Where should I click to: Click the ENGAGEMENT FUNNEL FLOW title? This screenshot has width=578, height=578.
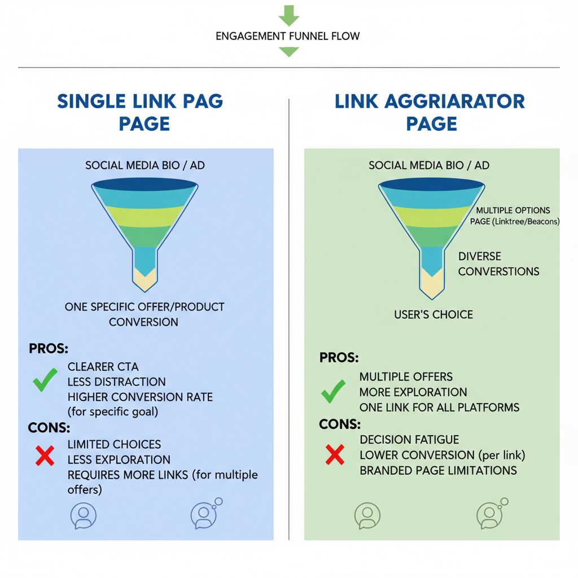[x=288, y=36]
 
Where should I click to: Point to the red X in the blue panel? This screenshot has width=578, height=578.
[x=45, y=456]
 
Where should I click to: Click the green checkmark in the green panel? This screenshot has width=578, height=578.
[x=334, y=391]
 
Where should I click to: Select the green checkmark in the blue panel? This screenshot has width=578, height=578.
[x=45, y=380]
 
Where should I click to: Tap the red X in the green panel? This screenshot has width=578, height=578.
[x=335, y=454]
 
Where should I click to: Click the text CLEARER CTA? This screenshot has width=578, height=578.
[x=103, y=367]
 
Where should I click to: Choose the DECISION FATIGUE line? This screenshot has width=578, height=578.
[x=409, y=440]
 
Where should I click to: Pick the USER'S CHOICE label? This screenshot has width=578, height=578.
[x=433, y=314]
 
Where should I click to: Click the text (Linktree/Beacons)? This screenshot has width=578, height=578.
[x=527, y=222]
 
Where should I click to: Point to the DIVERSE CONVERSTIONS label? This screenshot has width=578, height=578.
[x=498, y=264]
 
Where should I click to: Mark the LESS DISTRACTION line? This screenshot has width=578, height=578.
[x=117, y=382]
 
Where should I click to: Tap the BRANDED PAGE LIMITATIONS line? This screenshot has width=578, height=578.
[x=438, y=470]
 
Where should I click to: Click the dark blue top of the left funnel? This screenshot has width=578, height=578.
[x=144, y=184]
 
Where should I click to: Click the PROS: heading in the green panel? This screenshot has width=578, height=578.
[x=339, y=358]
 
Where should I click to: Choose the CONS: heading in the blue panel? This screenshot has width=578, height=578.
[x=49, y=427]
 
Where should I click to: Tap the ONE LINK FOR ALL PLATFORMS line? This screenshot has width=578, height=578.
[x=439, y=407]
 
